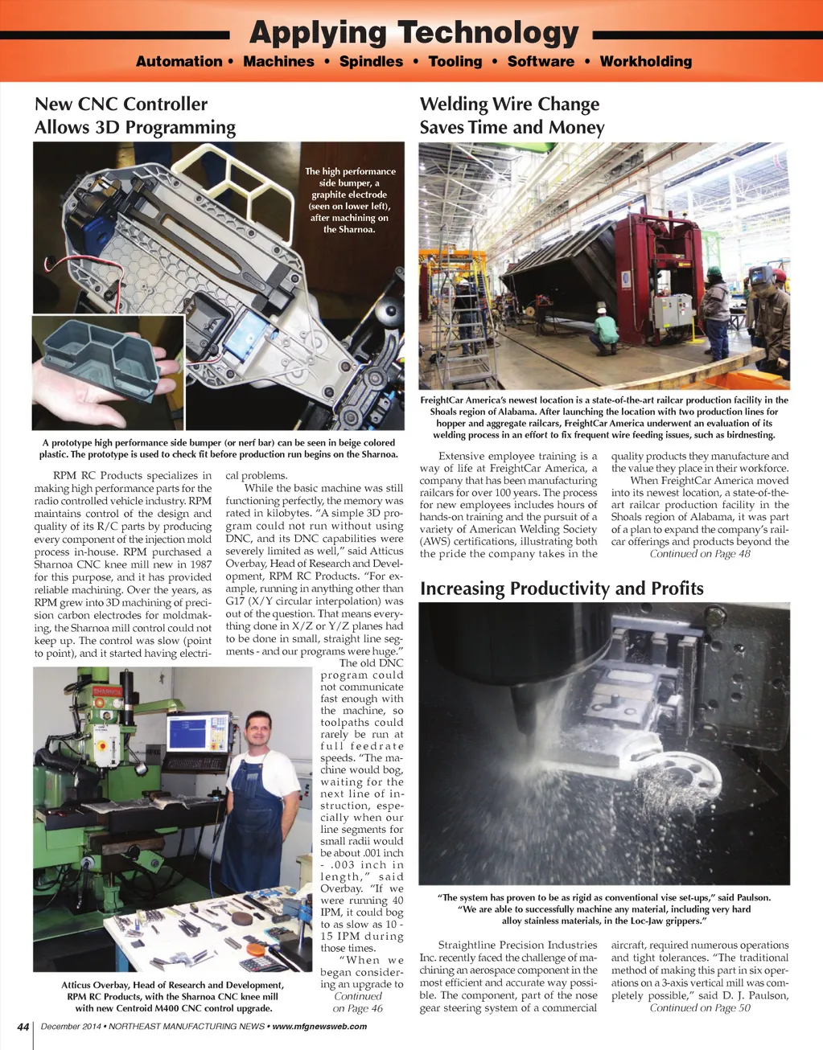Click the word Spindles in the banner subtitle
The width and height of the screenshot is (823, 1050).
(371, 62)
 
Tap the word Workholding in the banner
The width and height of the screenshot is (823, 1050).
(645, 62)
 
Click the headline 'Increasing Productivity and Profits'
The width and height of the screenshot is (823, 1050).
(562, 589)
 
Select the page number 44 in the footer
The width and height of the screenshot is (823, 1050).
(23, 1027)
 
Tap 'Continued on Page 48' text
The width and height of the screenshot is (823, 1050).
(700, 554)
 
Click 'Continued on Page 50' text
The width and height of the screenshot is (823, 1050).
(700, 1008)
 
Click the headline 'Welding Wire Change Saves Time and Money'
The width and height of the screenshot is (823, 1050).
(511, 116)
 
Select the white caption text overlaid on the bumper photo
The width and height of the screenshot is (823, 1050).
(350, 200)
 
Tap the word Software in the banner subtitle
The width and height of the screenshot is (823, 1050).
(541, 62)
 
